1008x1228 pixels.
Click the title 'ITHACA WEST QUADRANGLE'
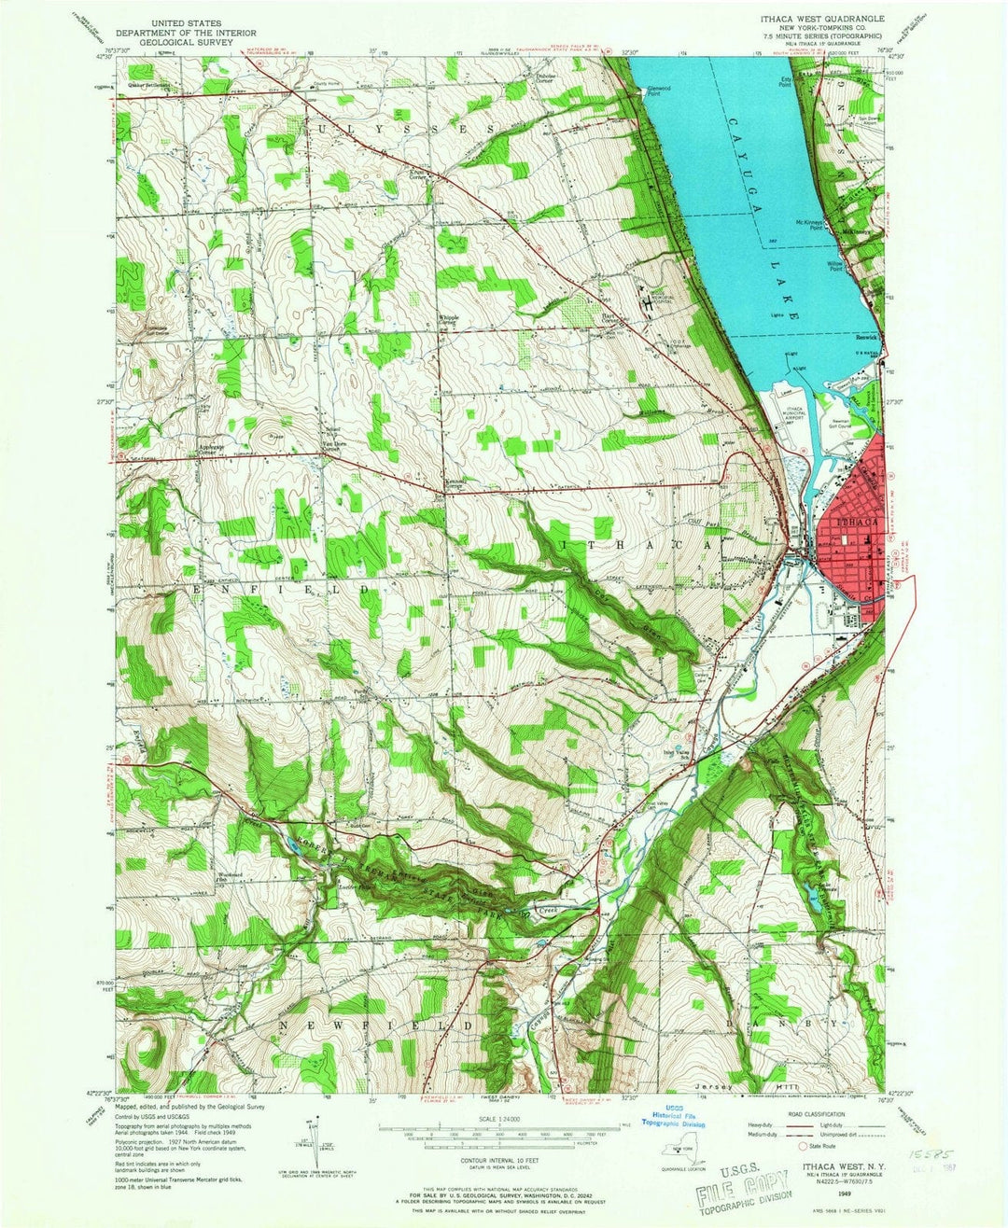(810, 18)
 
